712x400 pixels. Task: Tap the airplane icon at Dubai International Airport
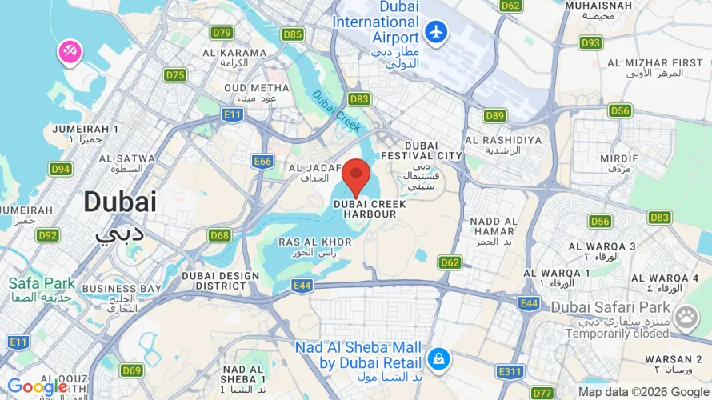(x=436, y=32)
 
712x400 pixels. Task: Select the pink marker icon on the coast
(x=69, y=52)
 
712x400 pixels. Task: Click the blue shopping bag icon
(x=438, y=358)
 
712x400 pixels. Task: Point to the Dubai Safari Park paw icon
(x=686, y=318)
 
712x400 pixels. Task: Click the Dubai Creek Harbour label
(x=370, y=210)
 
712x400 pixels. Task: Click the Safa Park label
(x=42, y=283)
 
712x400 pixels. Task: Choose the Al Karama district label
(x=234, y=54)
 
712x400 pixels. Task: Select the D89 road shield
(x=494, y=116)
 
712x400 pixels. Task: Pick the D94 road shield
(x=61, y=169)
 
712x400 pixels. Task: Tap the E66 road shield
(x=262, y=162)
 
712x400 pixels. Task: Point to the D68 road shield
(x=219, y=235)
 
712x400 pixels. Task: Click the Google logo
(x=37, y=388)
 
